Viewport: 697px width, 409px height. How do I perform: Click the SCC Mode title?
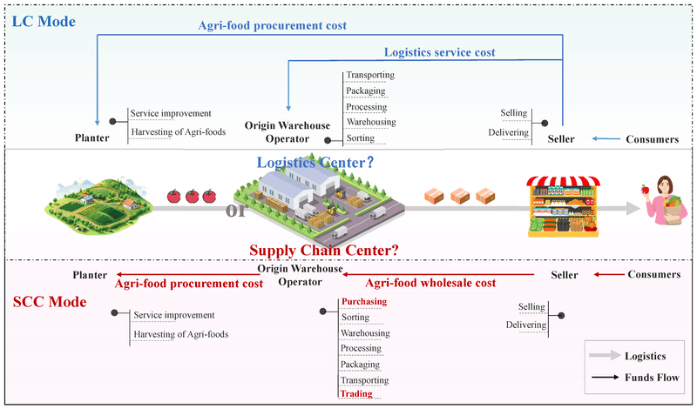tap(49, 302)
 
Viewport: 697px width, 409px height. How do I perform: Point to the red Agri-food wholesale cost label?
tap(430, 283)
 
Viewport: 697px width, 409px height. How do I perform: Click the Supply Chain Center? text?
tap(324, 251)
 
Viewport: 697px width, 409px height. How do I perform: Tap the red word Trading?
tap(356, 394)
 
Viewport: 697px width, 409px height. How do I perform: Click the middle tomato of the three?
tap(193, 196)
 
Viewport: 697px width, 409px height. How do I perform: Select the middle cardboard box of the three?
tap(449, 196)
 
